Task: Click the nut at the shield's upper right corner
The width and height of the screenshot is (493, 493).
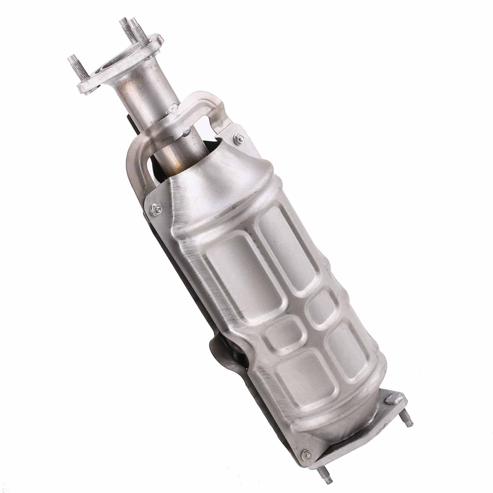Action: pos(238,137)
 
